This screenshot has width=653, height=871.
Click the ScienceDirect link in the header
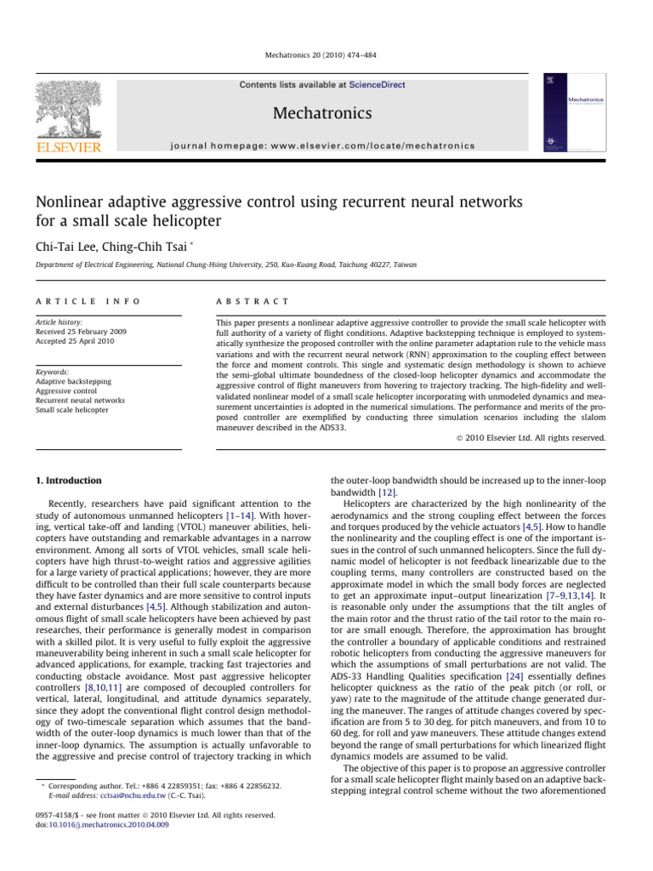coord(378,85)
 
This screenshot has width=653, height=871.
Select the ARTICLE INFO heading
coord(84,302)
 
